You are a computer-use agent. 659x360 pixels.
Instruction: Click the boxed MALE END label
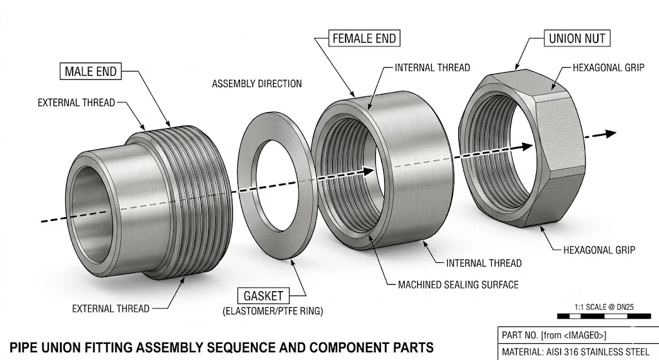(x=91, y=71)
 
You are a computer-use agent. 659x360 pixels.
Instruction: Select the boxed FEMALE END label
(x=364, y=38)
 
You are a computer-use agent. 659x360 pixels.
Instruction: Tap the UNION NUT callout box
(x=577, y=38)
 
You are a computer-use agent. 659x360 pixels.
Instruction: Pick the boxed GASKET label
(x=263, y=296)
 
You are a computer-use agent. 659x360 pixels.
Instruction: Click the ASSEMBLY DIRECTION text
(x=257, y=84)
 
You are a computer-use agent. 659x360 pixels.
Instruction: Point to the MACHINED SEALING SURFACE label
(x=458, y=284)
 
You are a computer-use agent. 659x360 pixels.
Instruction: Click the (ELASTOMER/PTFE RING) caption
(x=272, y=312)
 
